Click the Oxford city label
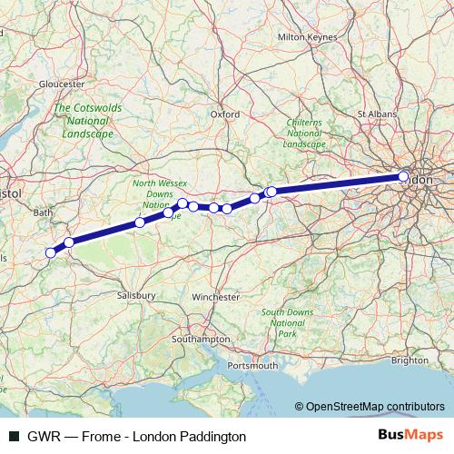224,114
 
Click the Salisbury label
138,296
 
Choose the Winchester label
217,296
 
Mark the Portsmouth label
253,365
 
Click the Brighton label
410,360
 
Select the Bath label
43,212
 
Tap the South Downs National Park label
287,322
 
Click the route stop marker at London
404,177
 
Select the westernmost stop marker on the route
51,252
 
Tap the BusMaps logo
410,436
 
